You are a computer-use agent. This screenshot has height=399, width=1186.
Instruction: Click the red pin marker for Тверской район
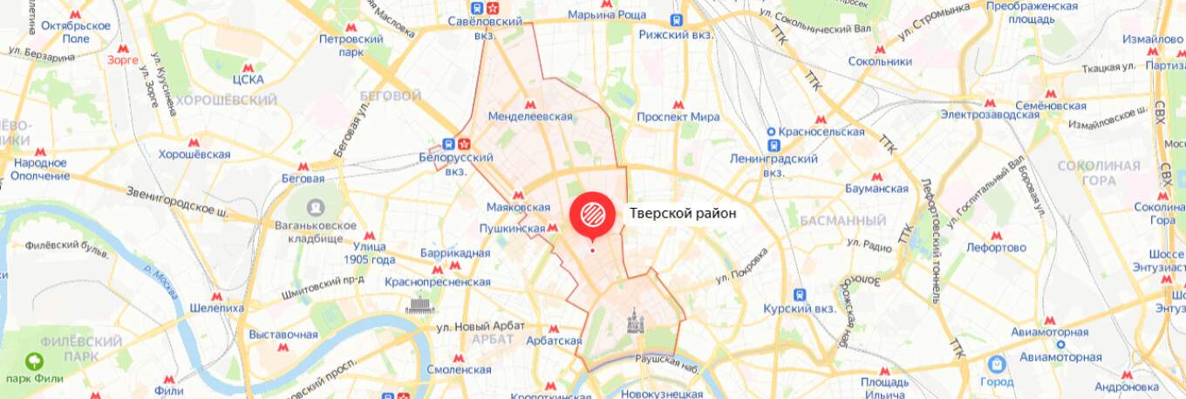(x=591, y=214)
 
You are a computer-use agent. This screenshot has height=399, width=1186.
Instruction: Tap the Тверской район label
(x=683, y=213)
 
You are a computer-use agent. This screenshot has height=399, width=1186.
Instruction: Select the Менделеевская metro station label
(x=529, y=116)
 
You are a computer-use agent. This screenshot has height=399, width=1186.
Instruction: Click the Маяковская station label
(x=518, y=207)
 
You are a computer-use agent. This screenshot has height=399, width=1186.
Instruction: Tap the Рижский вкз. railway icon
(x=676, y=19)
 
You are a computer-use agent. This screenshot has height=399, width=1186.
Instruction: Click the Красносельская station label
(x=816, y=132)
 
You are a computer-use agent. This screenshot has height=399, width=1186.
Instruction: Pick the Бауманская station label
(x=876, y=188)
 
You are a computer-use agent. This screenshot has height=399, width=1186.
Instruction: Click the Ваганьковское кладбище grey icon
(x=316, y=208)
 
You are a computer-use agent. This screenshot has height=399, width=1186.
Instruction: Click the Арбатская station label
(x=554, y=341)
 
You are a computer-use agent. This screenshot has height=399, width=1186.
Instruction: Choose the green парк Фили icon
(x=34, y=361)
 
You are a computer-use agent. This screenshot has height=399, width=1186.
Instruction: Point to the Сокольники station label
(x=880, y=61)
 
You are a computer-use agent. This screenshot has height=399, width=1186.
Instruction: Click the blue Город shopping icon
(x=996, y=363)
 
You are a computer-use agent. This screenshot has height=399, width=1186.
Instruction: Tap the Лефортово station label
(x=996, y=247)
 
